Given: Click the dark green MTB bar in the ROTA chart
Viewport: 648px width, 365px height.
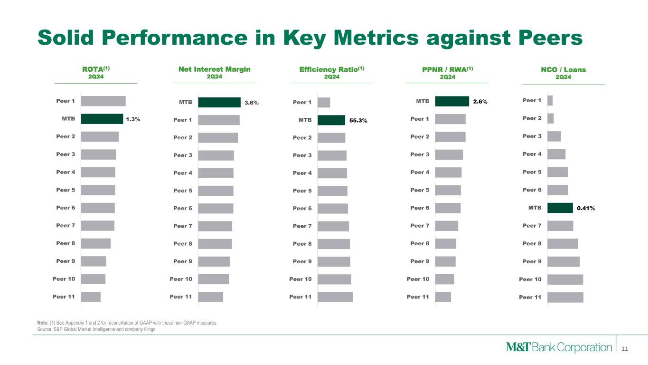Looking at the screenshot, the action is pos(102,119).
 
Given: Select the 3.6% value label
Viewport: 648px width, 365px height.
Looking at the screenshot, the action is pos(252,103).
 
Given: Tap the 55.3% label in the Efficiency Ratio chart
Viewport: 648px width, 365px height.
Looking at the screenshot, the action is pos(358,121).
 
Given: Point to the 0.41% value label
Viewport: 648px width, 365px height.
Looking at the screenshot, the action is pos(586,208).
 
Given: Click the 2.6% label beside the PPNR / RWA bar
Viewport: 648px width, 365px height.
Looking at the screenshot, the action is pos(480,101).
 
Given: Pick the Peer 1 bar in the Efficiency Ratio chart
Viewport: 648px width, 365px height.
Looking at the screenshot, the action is pos(324,103).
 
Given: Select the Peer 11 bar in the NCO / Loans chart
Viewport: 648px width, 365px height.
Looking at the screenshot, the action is pos(565,298).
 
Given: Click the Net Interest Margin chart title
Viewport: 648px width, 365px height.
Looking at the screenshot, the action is pos(215,69).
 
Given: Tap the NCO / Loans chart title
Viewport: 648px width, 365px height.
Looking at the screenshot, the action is pos(563,69).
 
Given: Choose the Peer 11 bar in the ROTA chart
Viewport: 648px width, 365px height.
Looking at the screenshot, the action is pos(91,297).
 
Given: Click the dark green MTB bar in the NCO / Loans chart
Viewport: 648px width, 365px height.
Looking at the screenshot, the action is pos(560,208).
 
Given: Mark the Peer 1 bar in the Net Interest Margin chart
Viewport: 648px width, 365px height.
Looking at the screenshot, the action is pos(219,120).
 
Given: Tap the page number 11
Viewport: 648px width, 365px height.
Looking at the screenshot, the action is pos(625,349).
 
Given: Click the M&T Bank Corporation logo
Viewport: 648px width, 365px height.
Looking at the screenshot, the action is pos(559,347).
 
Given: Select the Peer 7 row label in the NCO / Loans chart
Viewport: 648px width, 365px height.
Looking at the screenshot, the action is pos(532,226).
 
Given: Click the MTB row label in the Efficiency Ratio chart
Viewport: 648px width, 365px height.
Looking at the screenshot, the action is pos(305,120).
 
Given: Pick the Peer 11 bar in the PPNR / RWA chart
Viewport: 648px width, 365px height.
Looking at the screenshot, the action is pos(443,297).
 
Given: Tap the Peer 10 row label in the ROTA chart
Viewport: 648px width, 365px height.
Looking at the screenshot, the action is pos(64,279).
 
